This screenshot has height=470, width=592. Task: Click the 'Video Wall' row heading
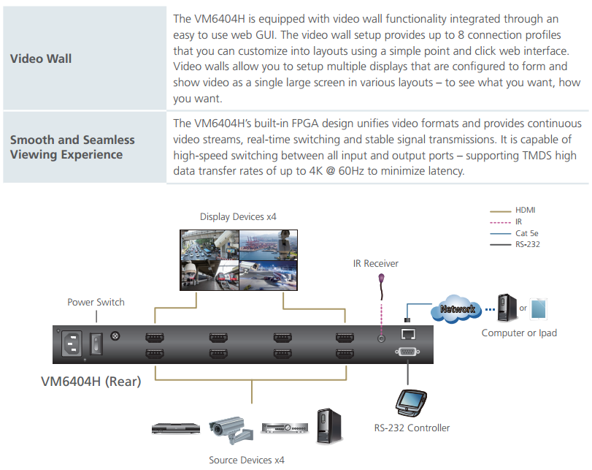click(41, 58)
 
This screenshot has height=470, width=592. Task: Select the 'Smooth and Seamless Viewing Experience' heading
click(72, 147)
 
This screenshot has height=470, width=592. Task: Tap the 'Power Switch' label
click(96, 302)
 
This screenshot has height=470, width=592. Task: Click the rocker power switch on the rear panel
click(96, 344)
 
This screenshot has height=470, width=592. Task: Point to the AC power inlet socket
click(72, 344)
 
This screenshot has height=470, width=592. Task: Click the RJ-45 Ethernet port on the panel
click(408, 334)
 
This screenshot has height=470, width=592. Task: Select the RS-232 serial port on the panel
click(407, 352)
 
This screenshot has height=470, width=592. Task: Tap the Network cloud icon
click(457, 309)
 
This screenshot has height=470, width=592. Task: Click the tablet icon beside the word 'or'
click(538, 309)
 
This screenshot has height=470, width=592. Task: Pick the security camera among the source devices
click(231, 431)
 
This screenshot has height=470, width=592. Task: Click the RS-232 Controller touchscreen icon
click(411, 402)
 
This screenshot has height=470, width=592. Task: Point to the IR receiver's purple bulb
click(381, 278)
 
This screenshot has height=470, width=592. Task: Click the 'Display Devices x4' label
click(238, 216)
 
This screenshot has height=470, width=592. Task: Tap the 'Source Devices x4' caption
click(247, 460)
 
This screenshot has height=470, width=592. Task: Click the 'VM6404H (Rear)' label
click(91, 381)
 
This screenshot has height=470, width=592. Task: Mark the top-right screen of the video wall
click(269, 245)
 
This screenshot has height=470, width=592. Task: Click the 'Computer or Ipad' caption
click(519, 333)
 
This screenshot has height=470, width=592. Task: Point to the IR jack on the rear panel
click(381, 338)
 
